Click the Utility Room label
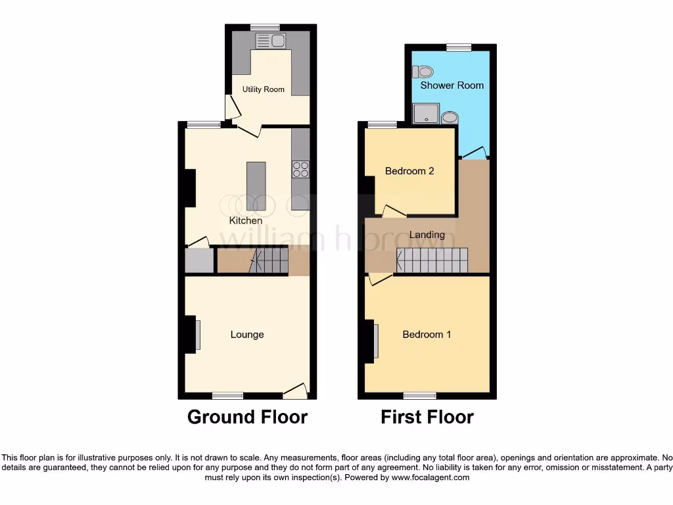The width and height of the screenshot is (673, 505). pyautogui.click(x=263, y=89)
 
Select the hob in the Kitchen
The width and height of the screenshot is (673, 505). pyautogui.click(x=300, y=169)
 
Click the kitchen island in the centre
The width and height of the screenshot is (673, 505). pyautogui.click(x=256, y=186)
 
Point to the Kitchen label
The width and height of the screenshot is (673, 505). pyautogui.click(x=246, y=221)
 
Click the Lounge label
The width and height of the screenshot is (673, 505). pyautogui.click(x=247, y=335)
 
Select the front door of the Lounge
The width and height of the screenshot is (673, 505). pyautogui.click(x=295, y=391)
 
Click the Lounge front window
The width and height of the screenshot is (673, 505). pyautogui.click(x=227, y=395)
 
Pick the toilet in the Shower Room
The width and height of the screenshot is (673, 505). pyautogui.click(x=424, y=71)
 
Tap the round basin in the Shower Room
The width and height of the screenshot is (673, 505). pyautogui.click(x=450, y=117)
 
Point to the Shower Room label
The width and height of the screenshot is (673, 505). pyautogui.click(x=452, y=85)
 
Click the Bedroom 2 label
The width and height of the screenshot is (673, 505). pyautogui.click(x=409, y=171)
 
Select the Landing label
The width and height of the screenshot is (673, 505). pyautogui.click(x=427, y=235)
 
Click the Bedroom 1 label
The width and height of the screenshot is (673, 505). pyautogui.click(x=427, y=335)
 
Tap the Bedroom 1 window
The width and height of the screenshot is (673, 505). pyautogui.click(x=420, y=395)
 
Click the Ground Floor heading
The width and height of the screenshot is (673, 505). pyautogui.click(x=247, y=417)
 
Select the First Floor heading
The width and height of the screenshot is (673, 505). pyautogui.click(x=427, y=417)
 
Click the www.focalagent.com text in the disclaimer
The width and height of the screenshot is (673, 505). pyautogui.click(x=430, y=477)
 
